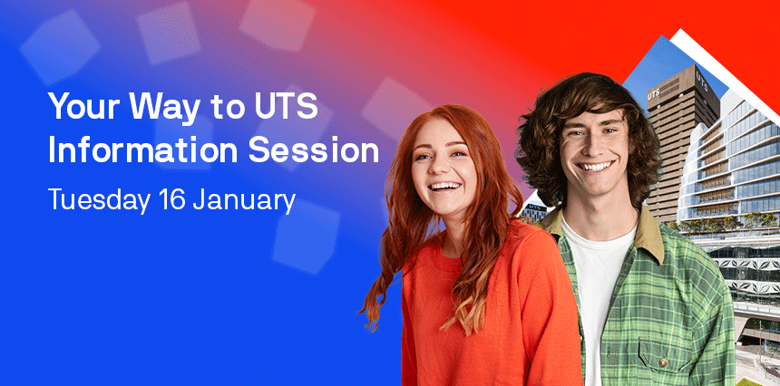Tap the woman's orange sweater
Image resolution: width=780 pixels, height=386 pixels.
pos(490,308)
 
